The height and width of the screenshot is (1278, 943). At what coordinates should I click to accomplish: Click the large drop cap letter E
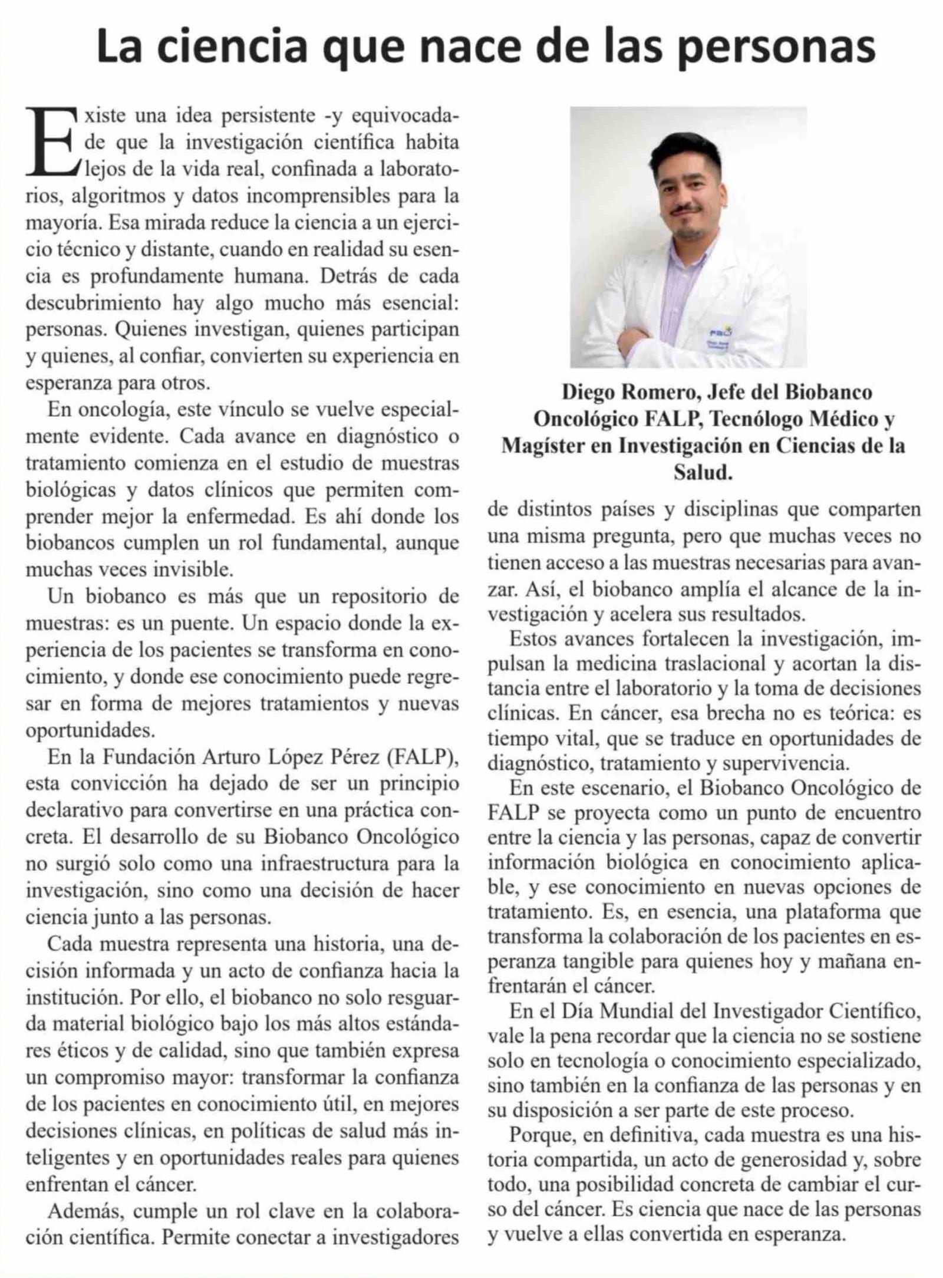51,141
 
